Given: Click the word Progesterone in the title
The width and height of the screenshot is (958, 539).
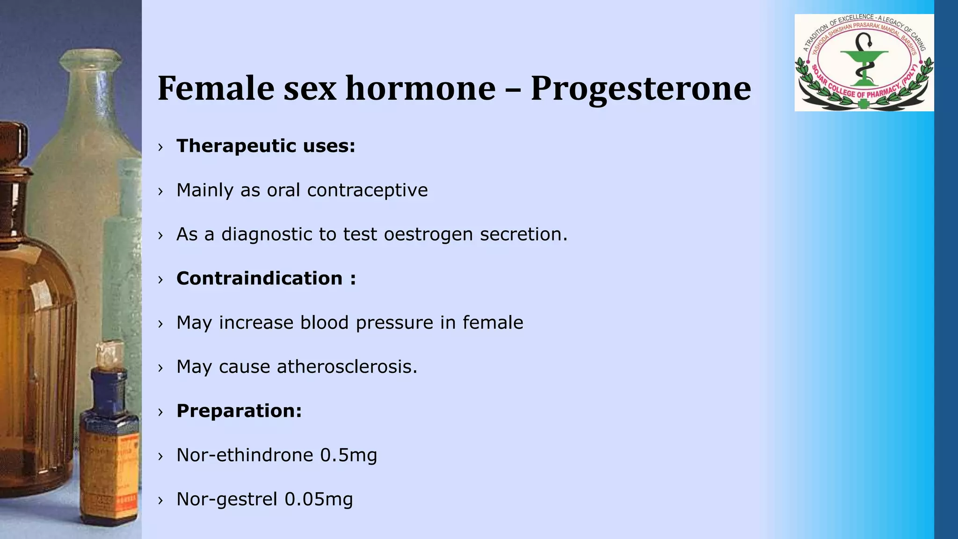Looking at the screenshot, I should pos(640,88).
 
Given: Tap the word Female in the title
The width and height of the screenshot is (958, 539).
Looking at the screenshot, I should pos(216,88).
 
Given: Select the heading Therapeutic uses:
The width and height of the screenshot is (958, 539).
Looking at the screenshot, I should pos(266,146).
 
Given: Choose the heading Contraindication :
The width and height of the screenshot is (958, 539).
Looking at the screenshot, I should pos(266,278).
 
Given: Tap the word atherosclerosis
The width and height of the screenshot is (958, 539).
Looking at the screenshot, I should pos(347,367).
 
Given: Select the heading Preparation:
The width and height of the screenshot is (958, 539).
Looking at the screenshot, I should pos(239,411).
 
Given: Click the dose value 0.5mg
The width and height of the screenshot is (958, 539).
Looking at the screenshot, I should pos(348,455).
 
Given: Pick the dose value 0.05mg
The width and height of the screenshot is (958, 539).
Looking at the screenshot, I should pos(319,499).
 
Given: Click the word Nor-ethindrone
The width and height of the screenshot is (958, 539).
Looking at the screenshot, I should pos(245,455).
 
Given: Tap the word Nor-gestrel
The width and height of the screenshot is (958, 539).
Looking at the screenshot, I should pos(227,499).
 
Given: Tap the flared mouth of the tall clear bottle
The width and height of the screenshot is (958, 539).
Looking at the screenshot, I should pos(90,59).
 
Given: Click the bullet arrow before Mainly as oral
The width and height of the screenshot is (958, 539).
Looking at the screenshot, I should pos(160,191).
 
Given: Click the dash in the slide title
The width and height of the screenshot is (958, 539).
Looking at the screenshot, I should pos(513,88).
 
